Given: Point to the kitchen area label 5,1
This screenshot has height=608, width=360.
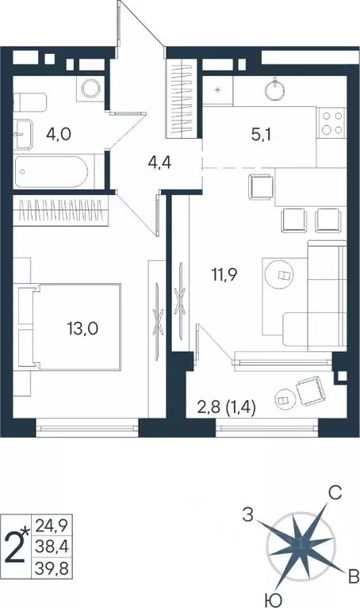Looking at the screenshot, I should click(262, 135).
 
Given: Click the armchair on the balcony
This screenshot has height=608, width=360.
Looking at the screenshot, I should click(308, 389).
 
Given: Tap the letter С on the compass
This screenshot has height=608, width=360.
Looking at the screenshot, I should click(335, 493).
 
